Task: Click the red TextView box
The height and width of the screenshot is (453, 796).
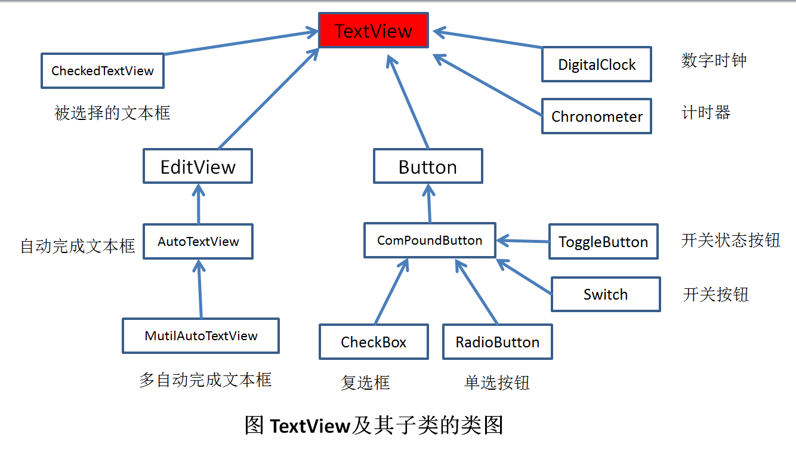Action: point(374,30)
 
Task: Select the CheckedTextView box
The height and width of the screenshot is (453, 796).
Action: point(103,71)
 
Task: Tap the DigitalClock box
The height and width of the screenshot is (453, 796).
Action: point(597,64)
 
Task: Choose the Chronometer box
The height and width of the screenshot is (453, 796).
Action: point(597,116)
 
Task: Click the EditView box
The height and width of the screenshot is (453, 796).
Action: point(198,166)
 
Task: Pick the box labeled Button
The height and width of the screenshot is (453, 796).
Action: point(428,166)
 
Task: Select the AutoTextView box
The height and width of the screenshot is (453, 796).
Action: point(198,242)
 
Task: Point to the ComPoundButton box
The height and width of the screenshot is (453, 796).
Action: point(430,240)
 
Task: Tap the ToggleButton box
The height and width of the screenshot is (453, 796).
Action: point(603,242)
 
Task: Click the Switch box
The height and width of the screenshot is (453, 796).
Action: point(606,294)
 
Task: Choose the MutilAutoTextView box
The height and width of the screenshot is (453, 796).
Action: point(200,335)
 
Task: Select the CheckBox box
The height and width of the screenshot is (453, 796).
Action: point(374,342)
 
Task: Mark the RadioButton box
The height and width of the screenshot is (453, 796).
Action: point(498,342)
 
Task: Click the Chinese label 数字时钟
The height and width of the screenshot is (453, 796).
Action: point(714,60)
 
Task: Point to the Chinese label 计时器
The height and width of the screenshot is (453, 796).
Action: point(706,112)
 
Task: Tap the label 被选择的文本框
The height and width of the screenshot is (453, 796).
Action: point(112,113)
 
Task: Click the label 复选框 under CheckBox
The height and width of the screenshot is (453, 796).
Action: point(365,383)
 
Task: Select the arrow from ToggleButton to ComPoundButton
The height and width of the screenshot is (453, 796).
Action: point(522,241)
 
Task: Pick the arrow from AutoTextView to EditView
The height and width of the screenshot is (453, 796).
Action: point(199,204)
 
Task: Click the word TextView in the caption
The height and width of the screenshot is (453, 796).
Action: point(310,426)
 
